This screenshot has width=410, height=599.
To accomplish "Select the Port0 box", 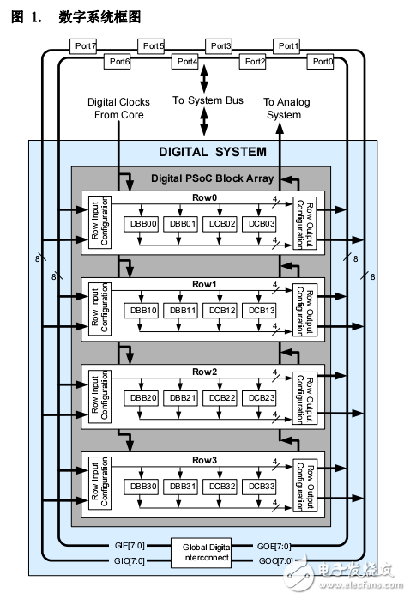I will click(x=322, y=61).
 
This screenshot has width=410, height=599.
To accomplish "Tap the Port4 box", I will click(x=186, y=61).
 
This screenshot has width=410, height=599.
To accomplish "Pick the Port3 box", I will click(x=220, y=45).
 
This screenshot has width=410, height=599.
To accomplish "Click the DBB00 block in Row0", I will click(x=142, y=223).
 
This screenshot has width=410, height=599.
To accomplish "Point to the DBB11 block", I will click(x=182, y=310).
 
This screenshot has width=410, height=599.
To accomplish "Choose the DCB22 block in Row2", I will click(x=221, y=397).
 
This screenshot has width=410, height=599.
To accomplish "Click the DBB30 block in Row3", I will click(x=142, y=485).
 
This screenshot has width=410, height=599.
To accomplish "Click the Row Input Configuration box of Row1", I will click(x=99, y=310).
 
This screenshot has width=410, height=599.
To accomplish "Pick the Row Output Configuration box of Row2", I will click(x=304, y=397).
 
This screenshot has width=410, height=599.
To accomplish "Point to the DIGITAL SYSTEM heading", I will click(x=213, y=152).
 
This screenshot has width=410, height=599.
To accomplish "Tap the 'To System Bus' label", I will click(x=208, y=100).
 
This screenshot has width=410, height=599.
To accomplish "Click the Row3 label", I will click(x=204, y=461).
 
